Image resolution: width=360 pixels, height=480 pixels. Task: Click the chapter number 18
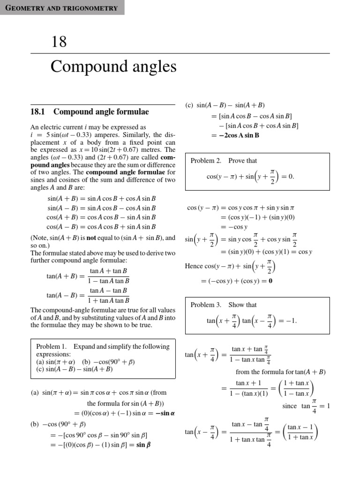[59, 42]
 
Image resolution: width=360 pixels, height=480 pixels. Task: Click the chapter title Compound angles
[113, 67]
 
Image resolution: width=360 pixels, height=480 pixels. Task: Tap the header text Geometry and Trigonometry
[62, 7]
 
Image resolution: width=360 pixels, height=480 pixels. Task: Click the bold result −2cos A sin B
[235, 135]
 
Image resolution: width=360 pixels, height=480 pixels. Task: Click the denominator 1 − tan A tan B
[109, 281]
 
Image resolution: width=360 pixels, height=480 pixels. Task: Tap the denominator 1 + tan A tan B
[109, 300]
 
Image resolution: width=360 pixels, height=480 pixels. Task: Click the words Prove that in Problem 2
[243, 161]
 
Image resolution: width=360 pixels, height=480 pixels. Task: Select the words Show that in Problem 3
[243, 305]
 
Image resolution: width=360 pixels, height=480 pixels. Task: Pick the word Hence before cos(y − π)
[194, 267]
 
